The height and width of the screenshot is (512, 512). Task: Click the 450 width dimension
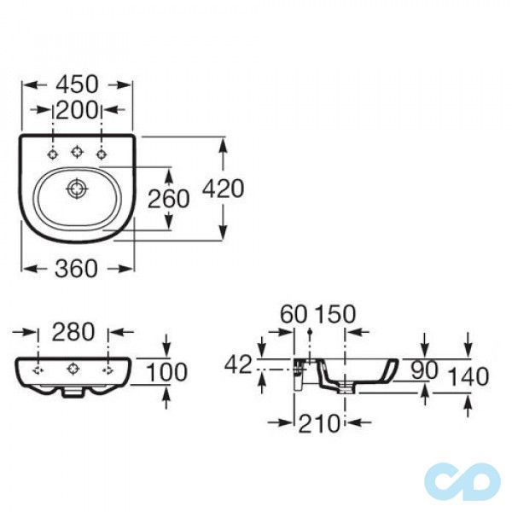(77, 84)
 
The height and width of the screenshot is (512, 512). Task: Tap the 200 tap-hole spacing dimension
(77, 110)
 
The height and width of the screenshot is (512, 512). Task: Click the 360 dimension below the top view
(77, 268)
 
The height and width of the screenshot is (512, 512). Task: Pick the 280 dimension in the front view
(74, 331)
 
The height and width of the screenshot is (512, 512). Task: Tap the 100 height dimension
(190, 371)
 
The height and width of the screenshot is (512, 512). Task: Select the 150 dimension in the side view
(335, 314)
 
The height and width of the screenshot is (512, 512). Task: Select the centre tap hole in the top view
(77, 154)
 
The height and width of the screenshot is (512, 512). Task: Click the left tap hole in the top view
(53, 154)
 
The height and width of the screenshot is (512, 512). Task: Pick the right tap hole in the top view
(102, 154)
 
